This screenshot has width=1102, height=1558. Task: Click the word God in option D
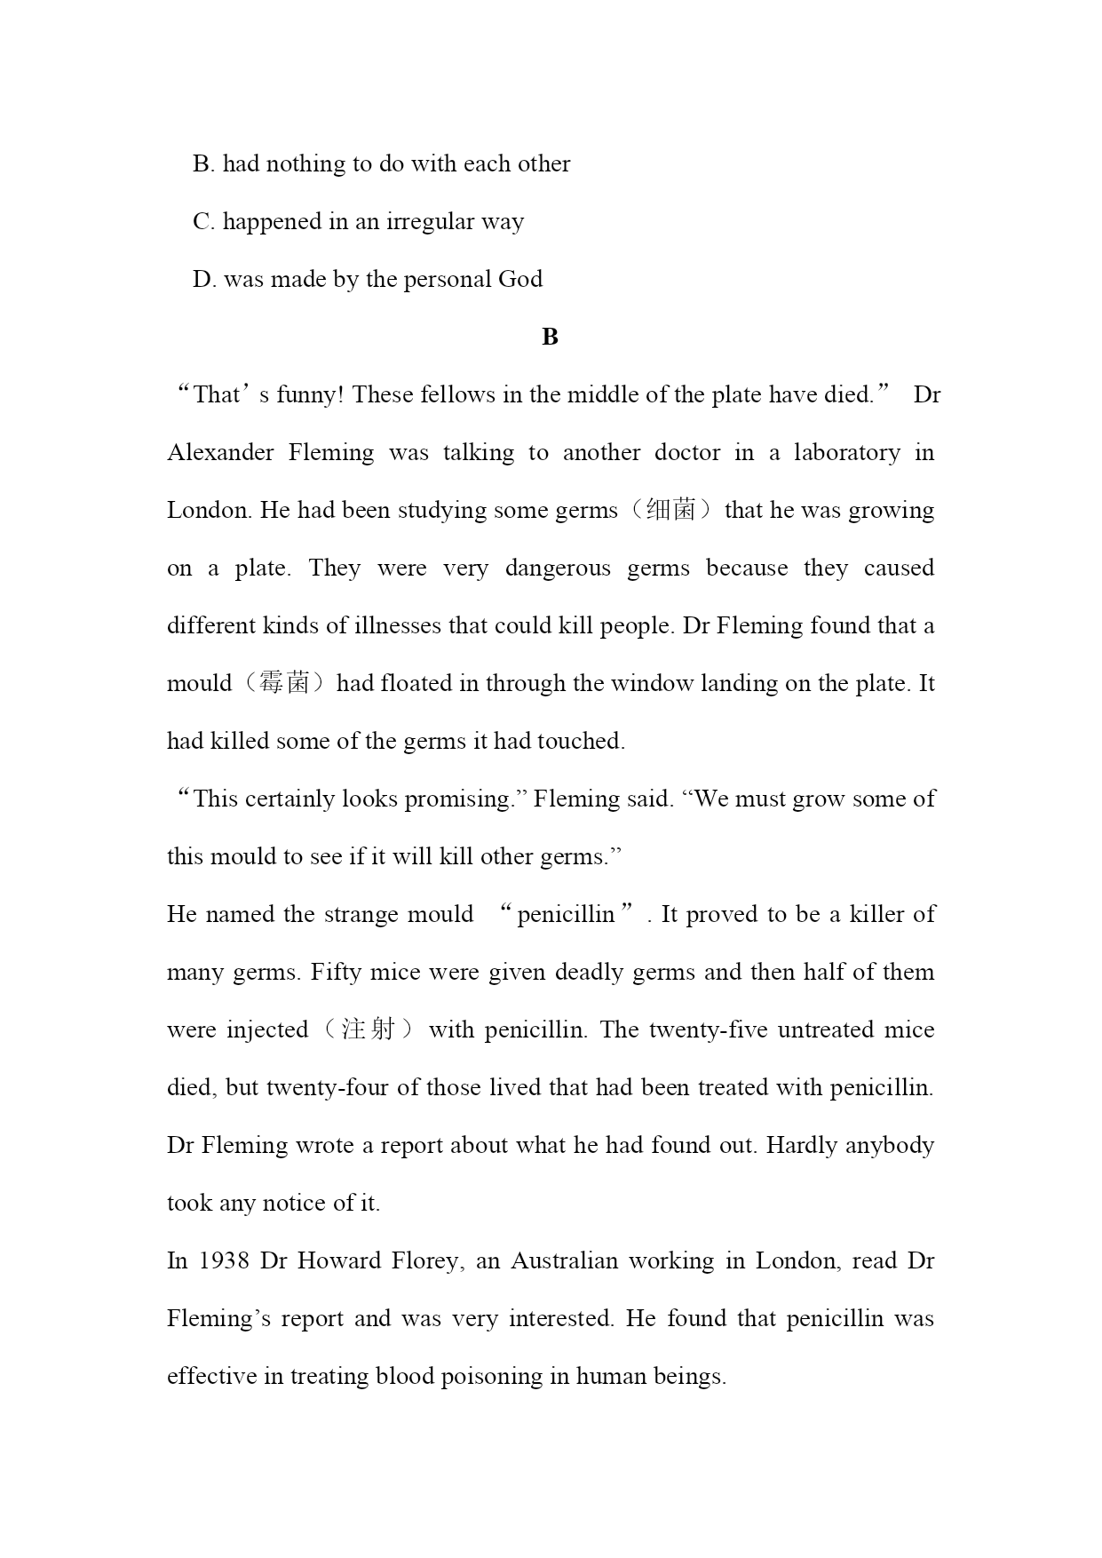click(x=520, y=280)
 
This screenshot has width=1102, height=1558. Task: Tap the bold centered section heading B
click(x=550, y=338)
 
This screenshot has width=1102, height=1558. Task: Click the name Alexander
click(x=220, y=453)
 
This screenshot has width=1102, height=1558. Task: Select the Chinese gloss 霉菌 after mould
click(x=283, y=684)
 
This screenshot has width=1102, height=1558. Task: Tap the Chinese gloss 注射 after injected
click(x=368, y=1030)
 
